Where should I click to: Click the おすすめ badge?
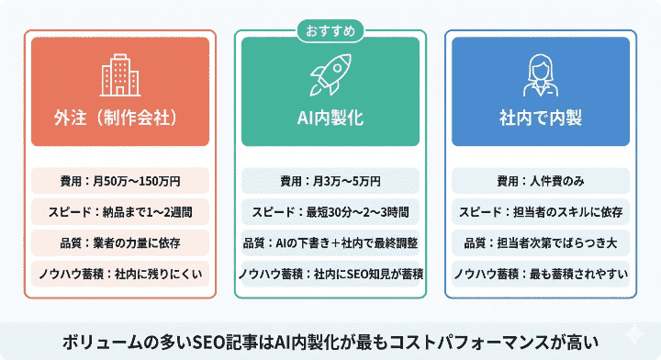(330, 30)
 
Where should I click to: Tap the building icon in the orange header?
(120, 76)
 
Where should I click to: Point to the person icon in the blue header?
(540, 76)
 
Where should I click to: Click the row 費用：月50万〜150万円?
(120, 180)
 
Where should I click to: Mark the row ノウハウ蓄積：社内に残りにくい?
(120, 274)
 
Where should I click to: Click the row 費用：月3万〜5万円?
(330, 180)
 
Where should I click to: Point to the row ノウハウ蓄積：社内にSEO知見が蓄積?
(330, 274)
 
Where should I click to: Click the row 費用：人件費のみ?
(540, 180)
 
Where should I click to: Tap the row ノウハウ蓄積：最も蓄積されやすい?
(540, 274)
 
